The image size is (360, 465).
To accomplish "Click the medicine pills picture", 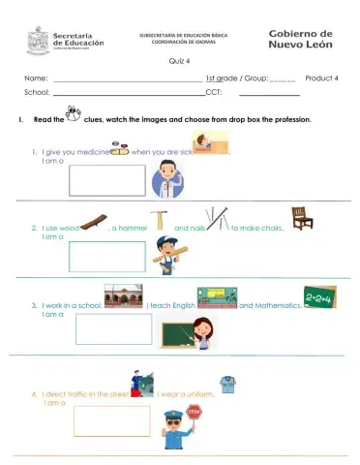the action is click(120, 151).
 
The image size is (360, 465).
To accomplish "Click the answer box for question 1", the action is click(106, 180).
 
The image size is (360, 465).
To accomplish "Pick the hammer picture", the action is click(157, 222).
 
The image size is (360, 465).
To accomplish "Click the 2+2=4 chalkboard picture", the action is click(319, 295).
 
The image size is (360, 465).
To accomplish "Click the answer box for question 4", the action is click(111, 420).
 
